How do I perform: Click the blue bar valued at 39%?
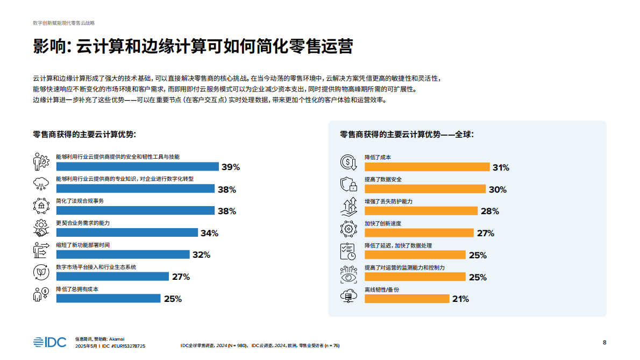tap(137, 167)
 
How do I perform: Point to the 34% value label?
tap(209, 233)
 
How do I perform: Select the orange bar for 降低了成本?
tap(427, 167)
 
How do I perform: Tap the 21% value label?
tap(460, 299)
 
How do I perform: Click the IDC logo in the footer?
tap(49, 342)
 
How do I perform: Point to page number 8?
tap(605, 342)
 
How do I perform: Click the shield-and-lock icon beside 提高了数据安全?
tap(349, 184)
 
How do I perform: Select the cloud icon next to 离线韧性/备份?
tap(349, 295)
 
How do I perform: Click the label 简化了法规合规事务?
tap(80, 201)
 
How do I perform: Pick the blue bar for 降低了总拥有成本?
tap(108, 299)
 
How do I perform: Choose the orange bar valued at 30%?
tap(424, 189)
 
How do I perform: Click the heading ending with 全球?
tap(407, 135)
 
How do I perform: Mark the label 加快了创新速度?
tap(383, 223)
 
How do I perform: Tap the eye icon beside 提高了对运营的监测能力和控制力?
tap(349, 274)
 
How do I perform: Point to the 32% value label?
tap(201, 255)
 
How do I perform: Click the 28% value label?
tap(489, 211)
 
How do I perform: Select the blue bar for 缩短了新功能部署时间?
tap(123, 255)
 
